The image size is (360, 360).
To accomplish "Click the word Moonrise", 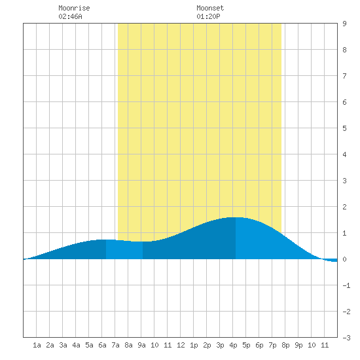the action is [x=74, y=8].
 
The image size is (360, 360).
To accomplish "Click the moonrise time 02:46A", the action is [x=70, y=16].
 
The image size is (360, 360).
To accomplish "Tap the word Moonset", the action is [x=210, y=8].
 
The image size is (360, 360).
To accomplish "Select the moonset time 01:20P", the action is [x=208, y=16].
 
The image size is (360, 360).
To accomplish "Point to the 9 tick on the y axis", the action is [x=344, y=24].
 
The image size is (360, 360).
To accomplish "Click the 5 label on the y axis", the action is [x=344, y=128].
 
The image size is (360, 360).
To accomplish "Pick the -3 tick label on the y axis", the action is [x=346, y=338].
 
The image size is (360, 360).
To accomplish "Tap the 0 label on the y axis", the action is [x=344, y=259].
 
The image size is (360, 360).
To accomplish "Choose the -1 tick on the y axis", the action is [x=346, y=285].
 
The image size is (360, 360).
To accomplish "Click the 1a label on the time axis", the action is [x=37, y=345].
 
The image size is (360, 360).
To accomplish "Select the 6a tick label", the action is [x=102, y=345].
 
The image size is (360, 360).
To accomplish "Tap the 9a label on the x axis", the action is [x=141, y=345].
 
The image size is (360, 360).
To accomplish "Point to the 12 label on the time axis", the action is [x=181, y=345].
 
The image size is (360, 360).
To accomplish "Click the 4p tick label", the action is [x=233, y=345].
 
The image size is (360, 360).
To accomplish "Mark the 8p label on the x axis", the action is [x=285, y=345].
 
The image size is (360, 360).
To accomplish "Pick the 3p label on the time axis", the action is [x=220, y=345].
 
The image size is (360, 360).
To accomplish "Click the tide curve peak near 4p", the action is [x=236, y=217].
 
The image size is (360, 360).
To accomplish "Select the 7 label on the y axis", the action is [x=344, y=76].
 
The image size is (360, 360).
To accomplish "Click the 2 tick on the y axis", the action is [x=344, y=207].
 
